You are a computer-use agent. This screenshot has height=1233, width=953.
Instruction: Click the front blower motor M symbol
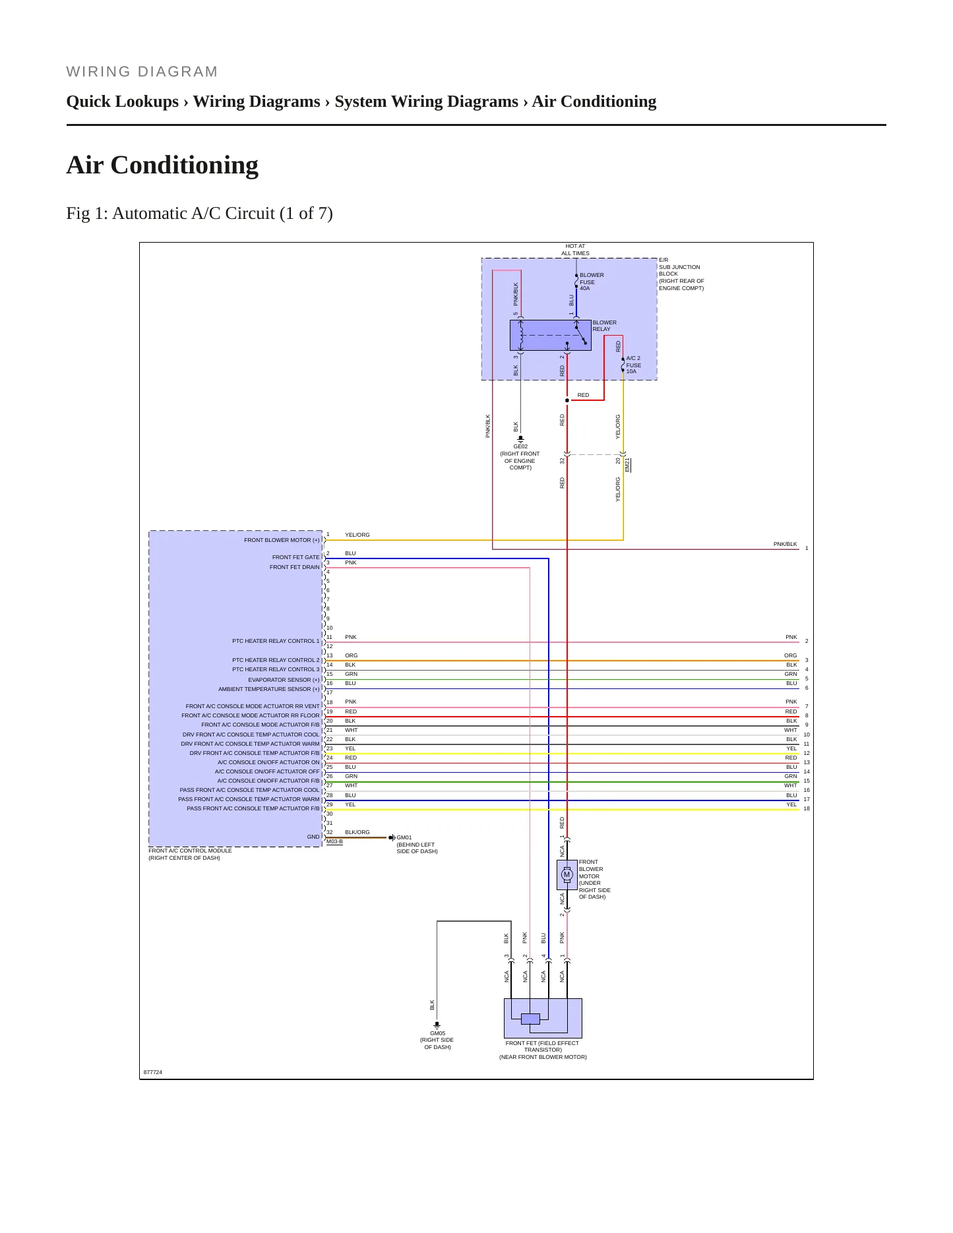click(x=567, y=875)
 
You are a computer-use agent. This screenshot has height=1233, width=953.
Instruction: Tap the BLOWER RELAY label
click(x=604, y=326)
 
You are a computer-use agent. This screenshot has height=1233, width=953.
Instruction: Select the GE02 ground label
click(x=520, y=446)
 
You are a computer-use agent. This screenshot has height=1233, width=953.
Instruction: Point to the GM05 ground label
click(x=437, y=1033)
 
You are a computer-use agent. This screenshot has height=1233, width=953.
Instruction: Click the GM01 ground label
click(x=404, y=837)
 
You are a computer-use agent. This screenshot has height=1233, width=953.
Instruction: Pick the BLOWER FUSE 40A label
click(x=592, y=282)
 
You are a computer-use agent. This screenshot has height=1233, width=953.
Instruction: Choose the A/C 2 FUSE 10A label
click(x=633, y=365)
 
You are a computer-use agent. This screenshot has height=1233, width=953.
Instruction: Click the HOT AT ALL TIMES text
click(x=575, y=249)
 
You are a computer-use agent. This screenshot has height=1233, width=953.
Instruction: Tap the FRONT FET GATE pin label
click(x=295, y=557)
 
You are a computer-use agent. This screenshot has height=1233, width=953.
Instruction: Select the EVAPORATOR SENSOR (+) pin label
click(x=284, y=680)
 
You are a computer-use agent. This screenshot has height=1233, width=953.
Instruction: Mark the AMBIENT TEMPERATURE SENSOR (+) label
click(x=269, y=689)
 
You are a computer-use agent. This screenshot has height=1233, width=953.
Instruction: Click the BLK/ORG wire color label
click(x=357, y=832)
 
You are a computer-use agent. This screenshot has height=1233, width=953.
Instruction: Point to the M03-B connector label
click(x=334, y=841)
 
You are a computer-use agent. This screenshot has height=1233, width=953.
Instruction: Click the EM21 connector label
click(x=627, y=465)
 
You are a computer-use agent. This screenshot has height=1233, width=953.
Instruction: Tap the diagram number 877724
click(x=153, y=1072)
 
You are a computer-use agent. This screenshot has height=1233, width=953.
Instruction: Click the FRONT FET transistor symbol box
click(x=543, y=1018)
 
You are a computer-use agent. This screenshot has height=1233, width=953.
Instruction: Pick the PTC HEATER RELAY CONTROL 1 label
click(x=276, y=641)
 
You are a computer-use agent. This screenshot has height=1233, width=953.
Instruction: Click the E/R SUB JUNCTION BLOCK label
click(x=681, y=274)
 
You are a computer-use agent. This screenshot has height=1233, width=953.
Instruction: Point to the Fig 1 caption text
click(x=199, y=213)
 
